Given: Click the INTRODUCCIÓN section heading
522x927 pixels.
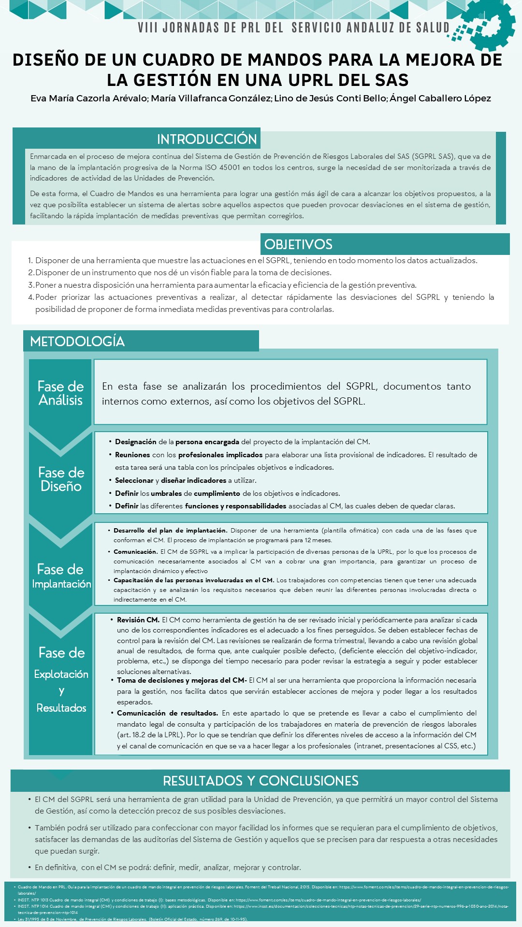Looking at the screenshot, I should [206, 139].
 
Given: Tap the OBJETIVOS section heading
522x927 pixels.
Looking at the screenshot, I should [298, 244].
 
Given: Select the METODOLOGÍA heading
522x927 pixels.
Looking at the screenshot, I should [77, 341].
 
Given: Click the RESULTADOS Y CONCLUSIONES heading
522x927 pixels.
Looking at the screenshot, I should [261, 781].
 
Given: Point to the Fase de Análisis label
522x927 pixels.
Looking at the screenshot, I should [60, 393].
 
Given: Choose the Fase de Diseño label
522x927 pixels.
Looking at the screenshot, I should [61, 479].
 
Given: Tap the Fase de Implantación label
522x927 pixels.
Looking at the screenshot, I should [61, 576].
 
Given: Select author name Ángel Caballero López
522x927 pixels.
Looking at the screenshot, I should [440, 98].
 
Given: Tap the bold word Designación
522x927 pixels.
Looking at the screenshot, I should [135, 442].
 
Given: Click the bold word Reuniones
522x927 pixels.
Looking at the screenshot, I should [132, 455].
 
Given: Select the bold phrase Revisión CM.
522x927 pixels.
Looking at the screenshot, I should [138, 620].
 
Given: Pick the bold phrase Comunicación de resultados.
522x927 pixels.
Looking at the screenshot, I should [167, 713].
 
